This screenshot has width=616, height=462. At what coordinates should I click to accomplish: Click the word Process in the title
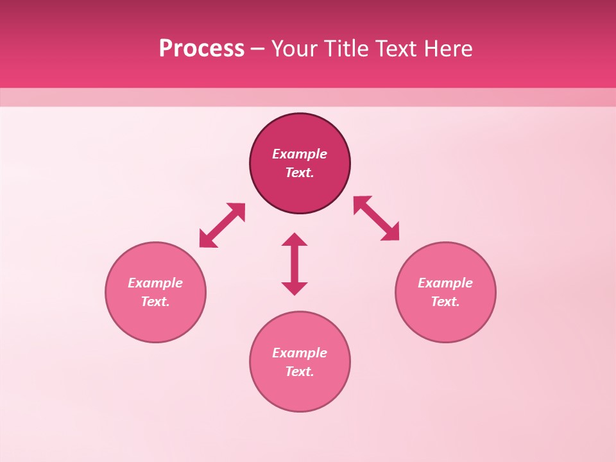pos(201,49)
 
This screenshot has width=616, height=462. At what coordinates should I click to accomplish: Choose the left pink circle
pos(155,321)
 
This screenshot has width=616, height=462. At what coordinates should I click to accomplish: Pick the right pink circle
pos(445,321)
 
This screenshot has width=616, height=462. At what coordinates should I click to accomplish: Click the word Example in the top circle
pos(300,154)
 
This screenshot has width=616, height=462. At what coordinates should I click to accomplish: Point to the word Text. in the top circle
pos(300,173)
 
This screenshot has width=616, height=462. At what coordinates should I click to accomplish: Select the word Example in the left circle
pos(155,283)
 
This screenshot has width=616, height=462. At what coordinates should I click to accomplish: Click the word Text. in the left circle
pos(155,302)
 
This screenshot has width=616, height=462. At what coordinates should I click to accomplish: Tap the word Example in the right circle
pos(445,283)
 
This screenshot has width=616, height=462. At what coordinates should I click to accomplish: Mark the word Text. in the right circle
pos(445,302)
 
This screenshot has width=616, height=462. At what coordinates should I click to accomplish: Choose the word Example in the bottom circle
pos(300,353)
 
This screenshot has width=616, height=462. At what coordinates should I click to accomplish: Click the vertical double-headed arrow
pos(295,264)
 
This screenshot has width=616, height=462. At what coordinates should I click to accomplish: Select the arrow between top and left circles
pos(222,225)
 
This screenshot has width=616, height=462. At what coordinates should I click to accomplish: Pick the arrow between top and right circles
pos(377,218)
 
